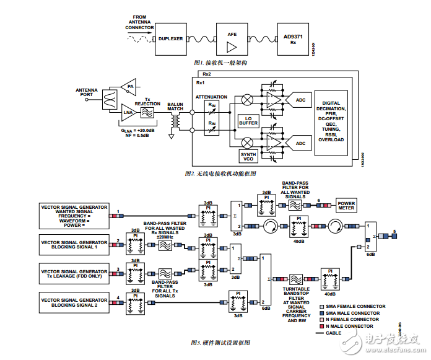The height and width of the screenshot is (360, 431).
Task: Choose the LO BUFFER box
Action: (x=248, y=120)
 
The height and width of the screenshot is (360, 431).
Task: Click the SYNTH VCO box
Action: (x=248, y=155)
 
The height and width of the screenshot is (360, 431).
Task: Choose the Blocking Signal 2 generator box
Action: (x=74, y=302)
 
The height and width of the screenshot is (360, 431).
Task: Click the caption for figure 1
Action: (x=220, y=63)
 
